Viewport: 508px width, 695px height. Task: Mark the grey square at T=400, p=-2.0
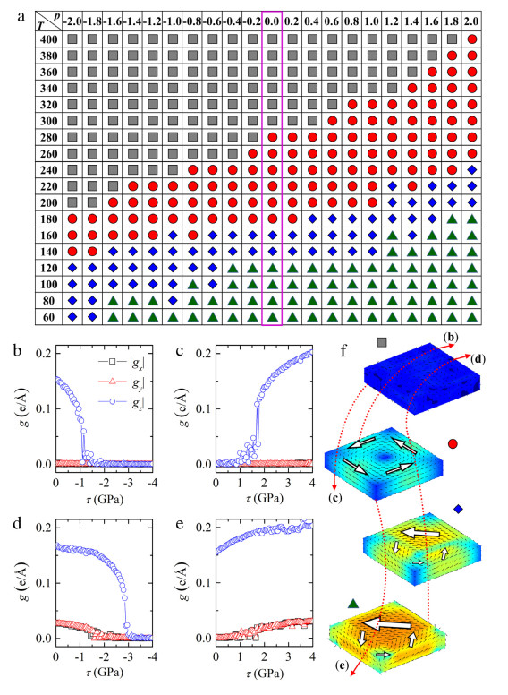[x=72, y=40]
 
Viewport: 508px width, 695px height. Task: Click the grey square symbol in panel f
[x=382, y=341]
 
